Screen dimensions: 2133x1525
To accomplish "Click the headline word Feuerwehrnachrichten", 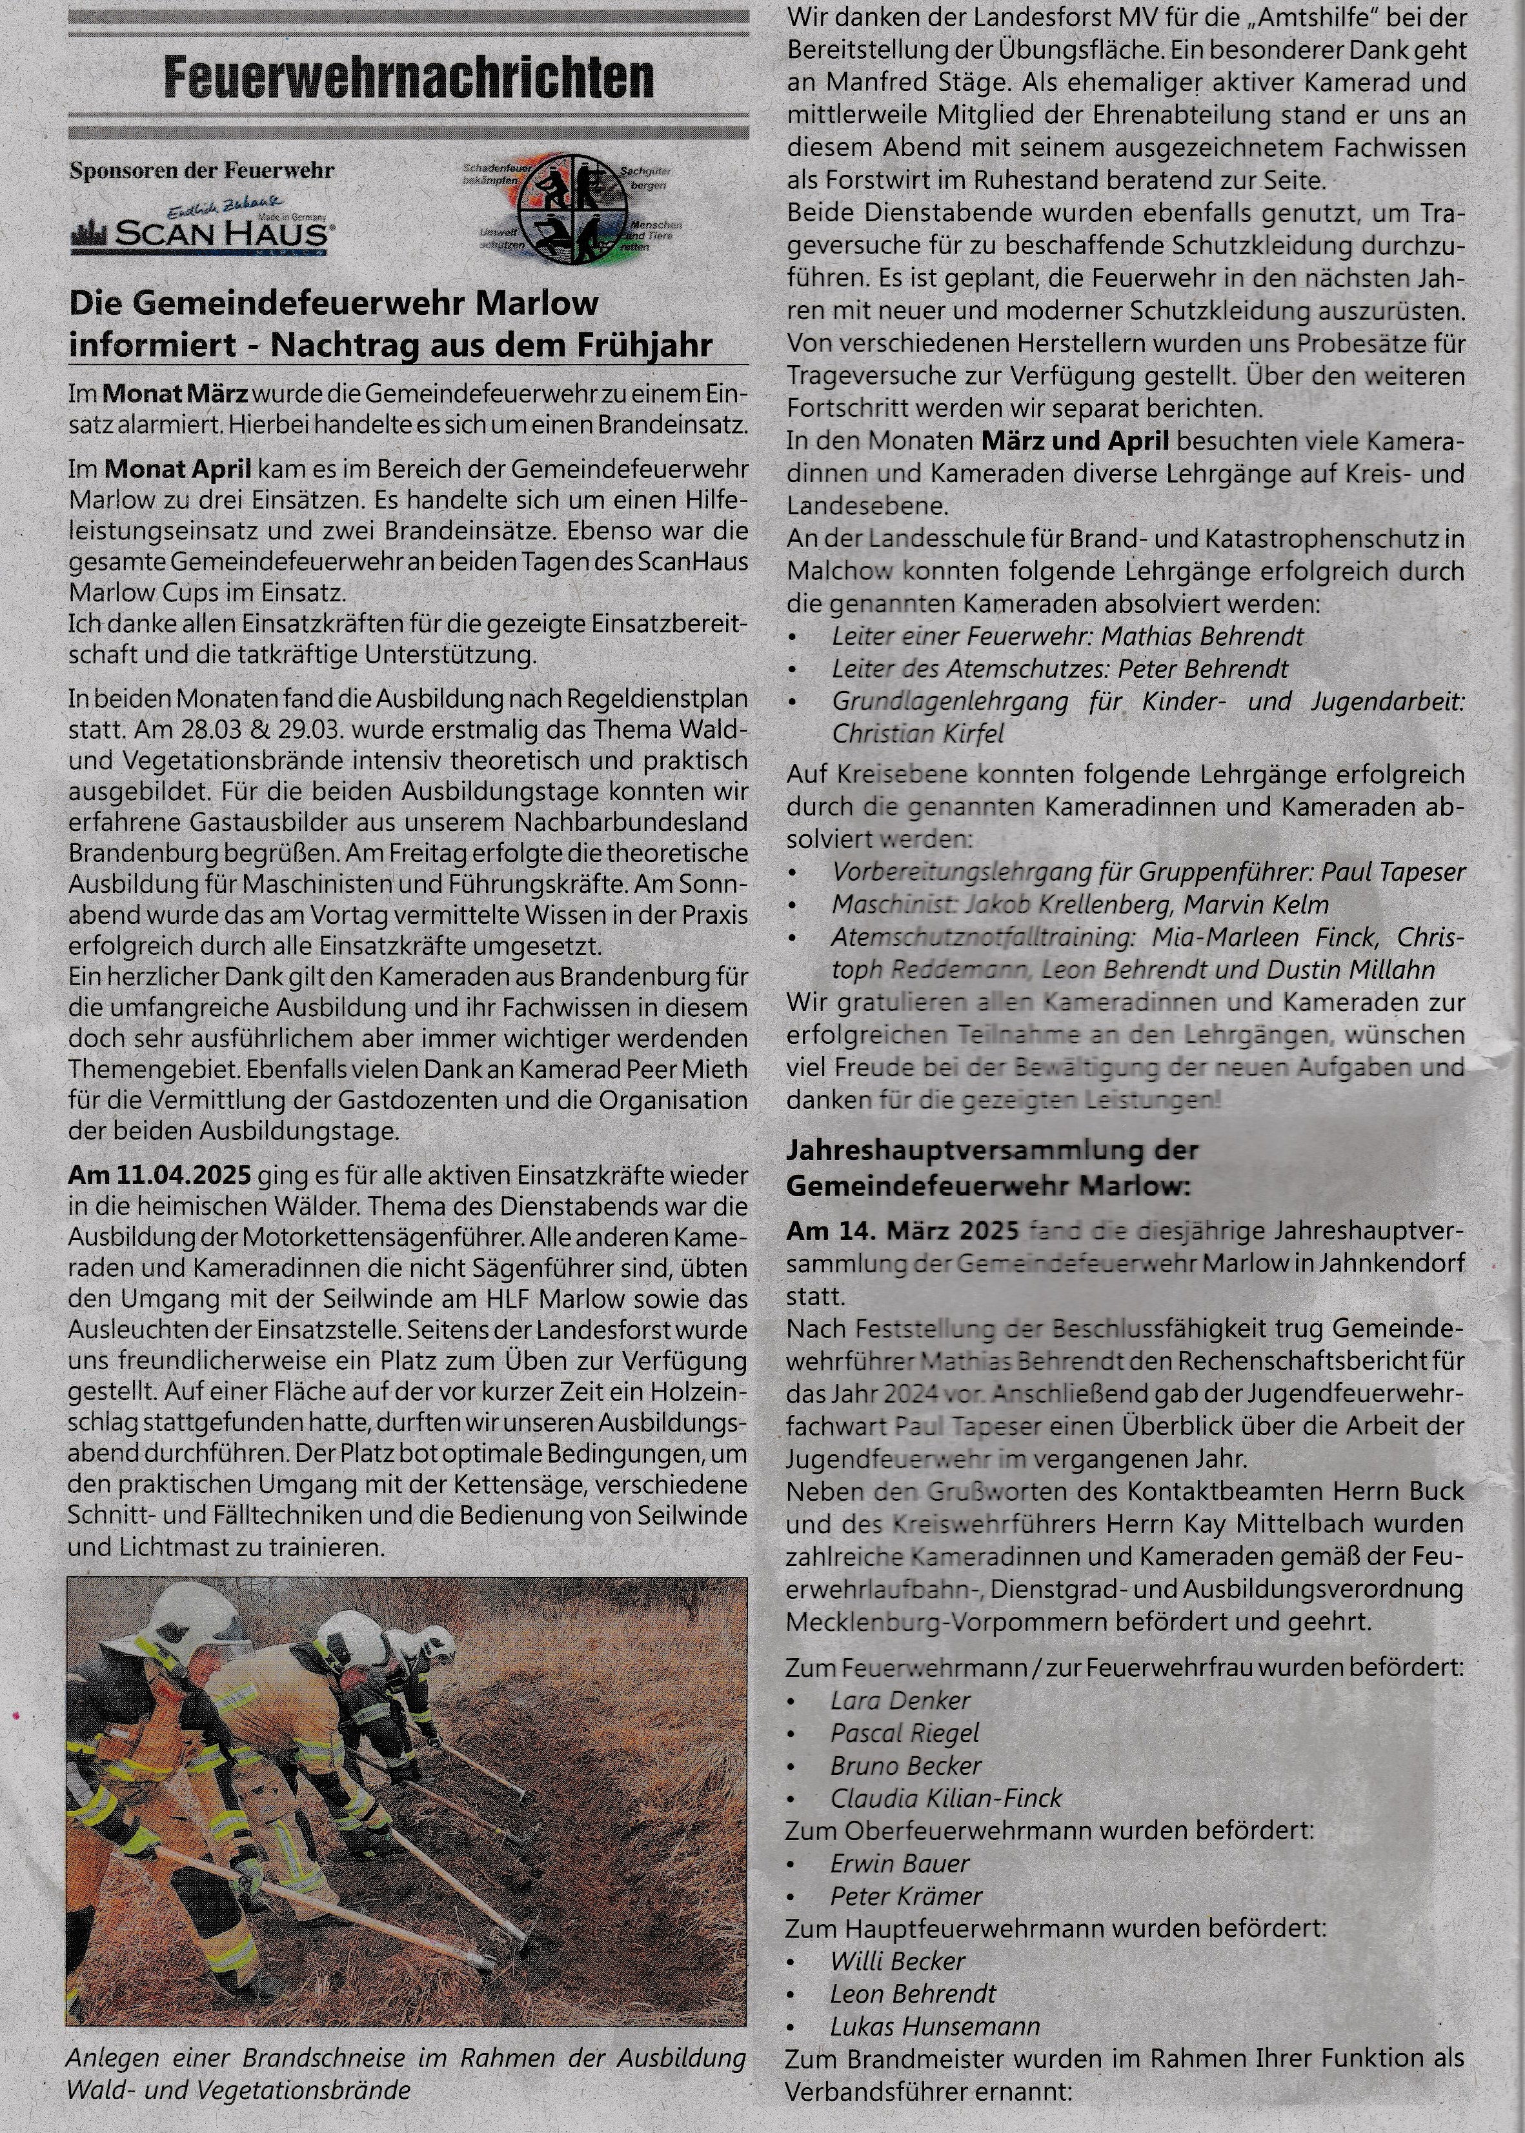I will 409,77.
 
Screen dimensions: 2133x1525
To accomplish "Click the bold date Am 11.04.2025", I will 159,1176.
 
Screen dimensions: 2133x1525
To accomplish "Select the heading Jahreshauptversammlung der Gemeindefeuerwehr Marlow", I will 986,1167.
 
